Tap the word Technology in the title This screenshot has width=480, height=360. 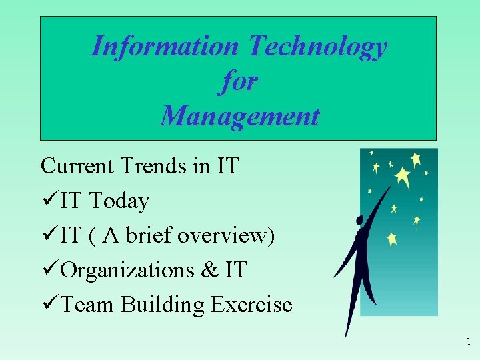point(317,47)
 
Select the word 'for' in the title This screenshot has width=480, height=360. point(238,81)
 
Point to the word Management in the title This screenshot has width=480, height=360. point(239,116)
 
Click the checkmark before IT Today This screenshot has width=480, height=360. point(48,200)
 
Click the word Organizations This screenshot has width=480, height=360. point(126,270)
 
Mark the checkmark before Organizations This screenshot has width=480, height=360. point(48,270)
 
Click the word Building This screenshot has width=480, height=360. point(163,305)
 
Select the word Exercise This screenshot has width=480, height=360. point(251,305)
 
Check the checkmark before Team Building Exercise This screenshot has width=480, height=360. point(48,305)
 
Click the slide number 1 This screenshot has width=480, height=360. point(469,342)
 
